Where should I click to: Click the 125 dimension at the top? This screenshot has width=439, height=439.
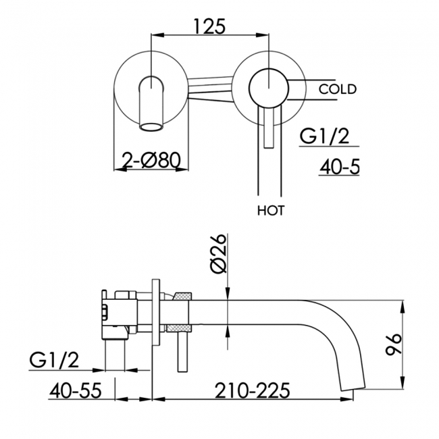point(209,26)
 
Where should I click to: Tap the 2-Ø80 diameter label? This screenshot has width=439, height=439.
point(152,161)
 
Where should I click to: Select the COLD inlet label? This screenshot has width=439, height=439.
point(338,89)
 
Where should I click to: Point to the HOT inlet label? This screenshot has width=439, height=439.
point(271,211)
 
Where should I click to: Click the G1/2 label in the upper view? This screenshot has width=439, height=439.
point(324,136)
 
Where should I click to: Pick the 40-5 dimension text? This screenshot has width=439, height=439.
point(339,167)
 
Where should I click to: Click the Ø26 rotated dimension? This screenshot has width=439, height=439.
point(219,254)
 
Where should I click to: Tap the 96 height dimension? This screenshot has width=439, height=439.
point(393,344)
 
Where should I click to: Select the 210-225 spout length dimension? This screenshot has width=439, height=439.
point(253,390)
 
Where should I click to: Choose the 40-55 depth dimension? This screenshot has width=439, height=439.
point(76,390)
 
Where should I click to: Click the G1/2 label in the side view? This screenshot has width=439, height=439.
point(54,360)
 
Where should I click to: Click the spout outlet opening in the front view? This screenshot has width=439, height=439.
point(151,126)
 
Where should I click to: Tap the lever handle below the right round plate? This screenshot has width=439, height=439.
point(269,127)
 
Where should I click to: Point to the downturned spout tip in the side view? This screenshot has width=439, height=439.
point(353,386)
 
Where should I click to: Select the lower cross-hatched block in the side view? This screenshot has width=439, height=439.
point(178,328)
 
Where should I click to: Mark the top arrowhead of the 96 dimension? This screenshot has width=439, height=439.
point(403,307)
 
